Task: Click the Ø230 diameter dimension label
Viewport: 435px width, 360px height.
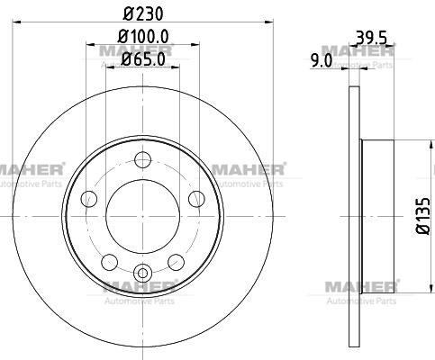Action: click(x=143, y=13)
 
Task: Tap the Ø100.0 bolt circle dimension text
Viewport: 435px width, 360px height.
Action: click(x=143, y=36)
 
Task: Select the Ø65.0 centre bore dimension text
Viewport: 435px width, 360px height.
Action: click(x=143, y=59)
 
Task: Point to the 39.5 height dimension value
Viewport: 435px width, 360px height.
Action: click(x=371, y=38)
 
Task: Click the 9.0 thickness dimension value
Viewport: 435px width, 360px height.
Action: click(x=322, y=61)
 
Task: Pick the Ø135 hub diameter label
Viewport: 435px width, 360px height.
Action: click(x=423, y=216)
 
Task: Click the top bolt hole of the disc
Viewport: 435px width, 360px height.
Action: click(x=142, y=160)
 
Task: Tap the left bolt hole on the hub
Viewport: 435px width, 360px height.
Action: click(x=89, y=199)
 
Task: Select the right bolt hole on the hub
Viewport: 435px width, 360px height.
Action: click(x=196, y=199)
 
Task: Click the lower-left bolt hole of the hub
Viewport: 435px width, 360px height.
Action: click(x=110, y=262)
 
